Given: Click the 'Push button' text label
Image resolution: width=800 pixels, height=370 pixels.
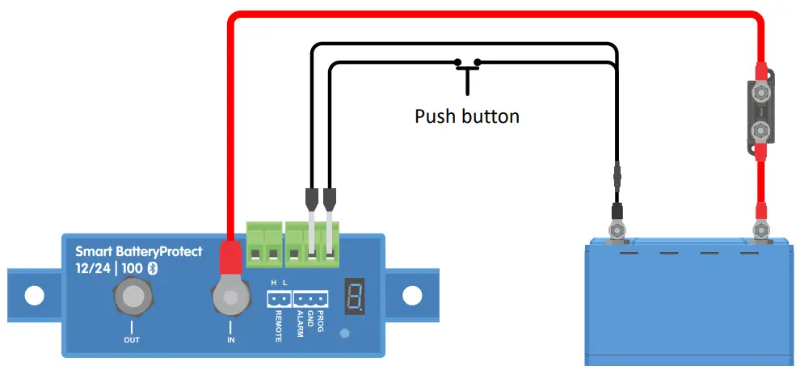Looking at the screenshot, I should point(466,116).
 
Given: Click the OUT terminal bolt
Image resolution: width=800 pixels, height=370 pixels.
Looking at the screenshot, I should point(131,298).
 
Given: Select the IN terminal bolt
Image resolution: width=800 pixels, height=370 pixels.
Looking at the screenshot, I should point(230,298).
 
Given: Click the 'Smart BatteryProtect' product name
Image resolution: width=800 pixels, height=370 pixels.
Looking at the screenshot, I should point(139,251).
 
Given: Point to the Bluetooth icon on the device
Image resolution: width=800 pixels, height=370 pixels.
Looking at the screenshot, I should point(149,267).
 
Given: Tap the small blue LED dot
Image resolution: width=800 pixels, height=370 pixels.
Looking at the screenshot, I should point(346,333).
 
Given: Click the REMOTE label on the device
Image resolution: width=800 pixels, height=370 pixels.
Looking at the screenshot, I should point(278,326).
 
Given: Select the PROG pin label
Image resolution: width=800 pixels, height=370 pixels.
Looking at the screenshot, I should point(321,321).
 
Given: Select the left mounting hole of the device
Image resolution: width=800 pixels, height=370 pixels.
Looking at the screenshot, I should point(34,296).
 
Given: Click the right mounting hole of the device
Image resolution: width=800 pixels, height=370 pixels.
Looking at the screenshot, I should point(413,296).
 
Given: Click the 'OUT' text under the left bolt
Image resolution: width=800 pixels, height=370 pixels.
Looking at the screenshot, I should point(131,340).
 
